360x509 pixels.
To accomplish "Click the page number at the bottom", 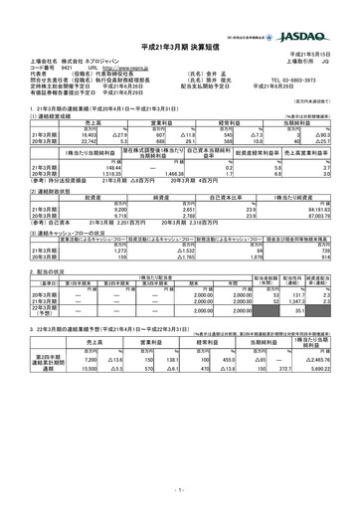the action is (x=180, y=489).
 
